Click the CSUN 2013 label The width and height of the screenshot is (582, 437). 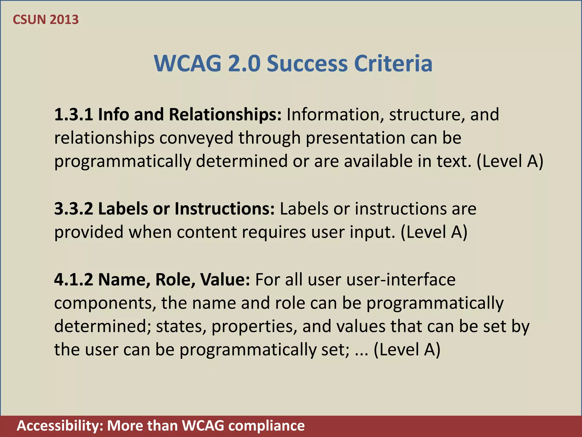46,20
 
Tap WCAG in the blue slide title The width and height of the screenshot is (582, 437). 188,63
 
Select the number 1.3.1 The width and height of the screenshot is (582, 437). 74,114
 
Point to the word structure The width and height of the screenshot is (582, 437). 427,114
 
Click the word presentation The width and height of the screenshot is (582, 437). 355,138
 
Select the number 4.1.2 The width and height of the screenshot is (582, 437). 74,279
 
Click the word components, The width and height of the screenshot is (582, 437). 105,303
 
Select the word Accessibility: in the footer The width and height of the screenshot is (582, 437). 60,426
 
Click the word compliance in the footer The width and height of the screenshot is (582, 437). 266,426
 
